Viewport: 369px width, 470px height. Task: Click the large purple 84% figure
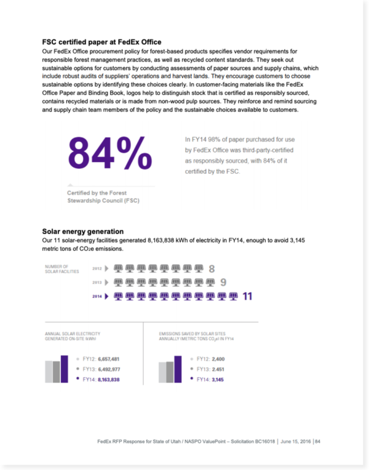click(x=109, y=154)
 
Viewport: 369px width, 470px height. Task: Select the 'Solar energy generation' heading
click(x=83, y=232)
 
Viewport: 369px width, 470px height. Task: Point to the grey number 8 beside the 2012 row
click(x=212, y=269)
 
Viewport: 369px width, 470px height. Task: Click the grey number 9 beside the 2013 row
click(x=223, y=282)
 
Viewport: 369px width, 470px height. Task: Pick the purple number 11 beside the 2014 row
click(x=247, y=296)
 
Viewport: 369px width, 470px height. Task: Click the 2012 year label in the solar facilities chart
click(x=97, y=269)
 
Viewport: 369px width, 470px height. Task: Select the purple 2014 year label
click(x=97, y=296)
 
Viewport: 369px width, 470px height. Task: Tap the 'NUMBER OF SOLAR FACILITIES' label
click(x=61, y=269)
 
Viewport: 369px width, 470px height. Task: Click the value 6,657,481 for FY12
click(x=108, y=359)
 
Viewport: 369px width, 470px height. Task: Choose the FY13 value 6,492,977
click(x=108, y=369)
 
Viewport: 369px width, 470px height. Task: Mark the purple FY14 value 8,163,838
click(x=108, y=380)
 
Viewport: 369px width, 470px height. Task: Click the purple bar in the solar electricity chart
click(x=65, y=369)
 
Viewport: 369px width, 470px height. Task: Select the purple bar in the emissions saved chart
click(x=178, y=369)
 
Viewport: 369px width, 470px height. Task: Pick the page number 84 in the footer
click(x=318, y=441)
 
